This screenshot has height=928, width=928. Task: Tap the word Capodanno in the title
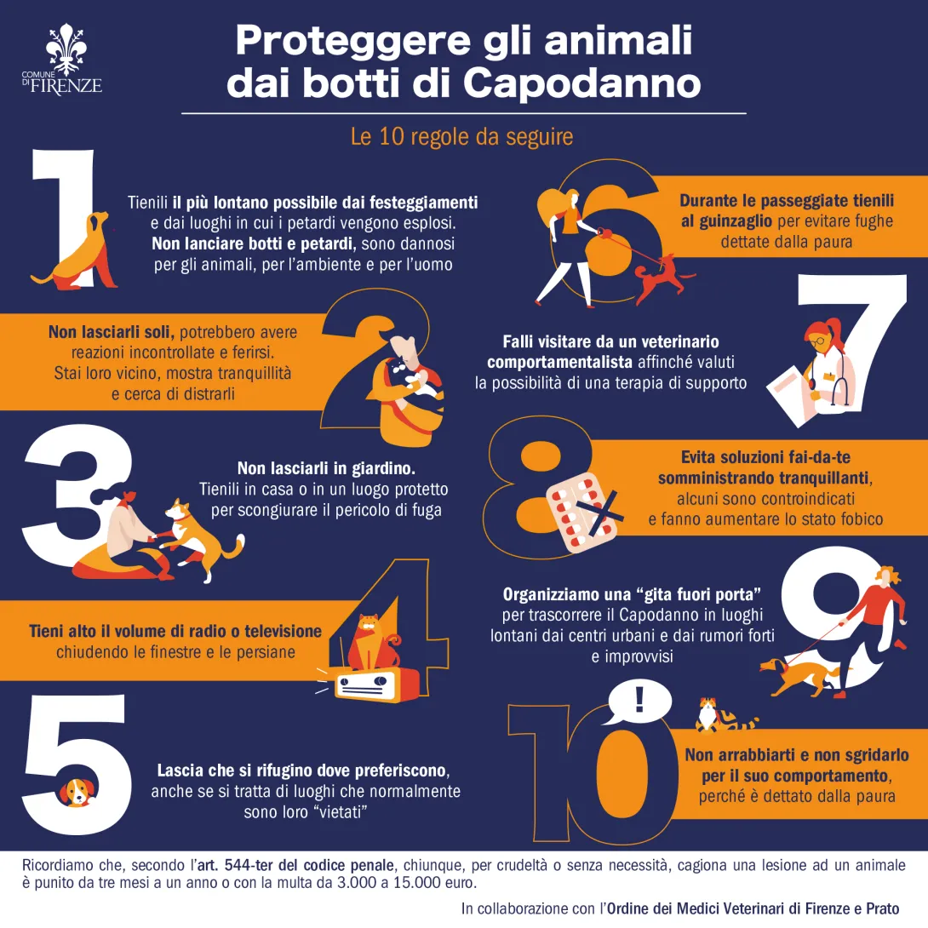[582, 83]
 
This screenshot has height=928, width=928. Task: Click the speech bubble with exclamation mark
[639, 703]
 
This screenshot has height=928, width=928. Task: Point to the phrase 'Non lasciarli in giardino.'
[326, 468]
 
